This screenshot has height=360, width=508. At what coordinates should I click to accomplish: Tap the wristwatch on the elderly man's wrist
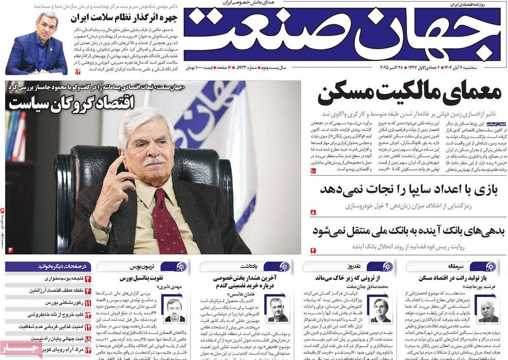[100, 224]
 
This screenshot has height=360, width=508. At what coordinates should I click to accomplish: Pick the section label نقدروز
[355, 266]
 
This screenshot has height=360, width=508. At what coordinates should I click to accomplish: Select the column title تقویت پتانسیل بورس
[140, 278]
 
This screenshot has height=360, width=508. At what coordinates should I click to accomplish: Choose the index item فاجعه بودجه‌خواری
[61, 279]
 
